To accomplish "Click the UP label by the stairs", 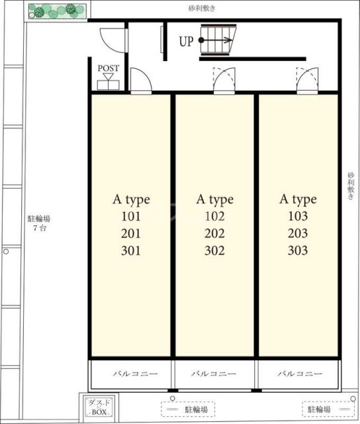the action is [x=187, y=41].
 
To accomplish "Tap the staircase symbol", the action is [x=218, y=40].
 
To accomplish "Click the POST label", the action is [x=109, y=68].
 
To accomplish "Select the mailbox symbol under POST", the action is [x=109, y=82].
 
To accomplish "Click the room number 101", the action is [x=131, y=217].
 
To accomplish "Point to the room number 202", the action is [x=214, y=234].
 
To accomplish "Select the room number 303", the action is [x=298, y=250].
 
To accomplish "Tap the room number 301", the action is [x=131, y=251].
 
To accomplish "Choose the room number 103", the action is [x=298, y=216].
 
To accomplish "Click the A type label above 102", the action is [x=215, y=200].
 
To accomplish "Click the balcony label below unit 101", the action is [x=135, y=374].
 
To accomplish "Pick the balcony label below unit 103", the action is [x=300, y=374].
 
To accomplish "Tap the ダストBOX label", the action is [x=99, y=407].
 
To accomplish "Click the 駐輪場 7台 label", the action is [x=39, y=223].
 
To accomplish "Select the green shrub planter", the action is [x=58, y=11].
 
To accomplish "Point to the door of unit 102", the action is [x=224, y=80].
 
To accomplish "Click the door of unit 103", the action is [x=307, y=80].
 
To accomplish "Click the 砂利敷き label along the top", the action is [x=202, y=9].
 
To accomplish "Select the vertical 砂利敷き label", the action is [x=351, y=186].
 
